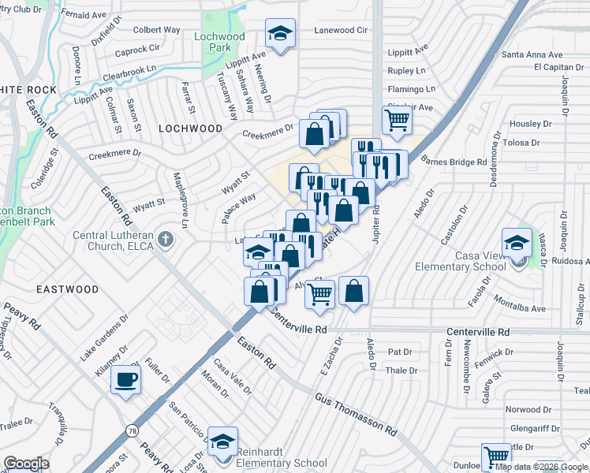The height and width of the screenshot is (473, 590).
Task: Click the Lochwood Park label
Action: [x=220, y=43]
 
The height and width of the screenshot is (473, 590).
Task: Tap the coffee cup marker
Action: [x=125, y=381]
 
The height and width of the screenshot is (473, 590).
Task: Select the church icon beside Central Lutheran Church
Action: [x=165, y=237]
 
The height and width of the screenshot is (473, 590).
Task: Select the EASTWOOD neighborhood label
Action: [x=68, y=289]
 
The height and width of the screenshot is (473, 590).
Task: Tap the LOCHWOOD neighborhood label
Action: [x=191, y=128]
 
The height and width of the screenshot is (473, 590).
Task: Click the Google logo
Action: [x=27, y=464]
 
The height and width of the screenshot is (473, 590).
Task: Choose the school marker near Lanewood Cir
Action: [x=280, y=34]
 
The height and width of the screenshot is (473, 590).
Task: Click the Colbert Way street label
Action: [x=157, y=30]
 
